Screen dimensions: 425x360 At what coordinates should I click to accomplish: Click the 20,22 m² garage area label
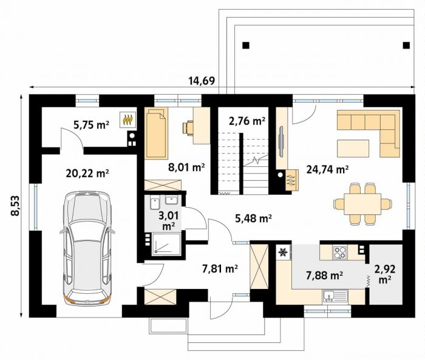click(87, 173)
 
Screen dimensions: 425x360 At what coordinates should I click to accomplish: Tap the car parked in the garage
click(87, 248)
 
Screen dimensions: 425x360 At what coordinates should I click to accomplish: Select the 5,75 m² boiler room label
click(91, 125)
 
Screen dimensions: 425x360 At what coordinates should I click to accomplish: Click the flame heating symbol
click(128, 120)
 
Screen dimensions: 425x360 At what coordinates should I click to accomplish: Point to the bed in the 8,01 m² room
click(156, 133)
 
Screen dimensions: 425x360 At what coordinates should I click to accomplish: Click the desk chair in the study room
click(189, 127)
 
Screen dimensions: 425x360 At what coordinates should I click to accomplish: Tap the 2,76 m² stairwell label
click(246, 121)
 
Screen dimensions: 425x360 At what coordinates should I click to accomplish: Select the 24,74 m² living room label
click(327, 170)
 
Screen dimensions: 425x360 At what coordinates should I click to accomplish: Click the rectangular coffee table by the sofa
click(353, 148)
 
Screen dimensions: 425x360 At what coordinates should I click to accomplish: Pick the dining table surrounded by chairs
click(362, 203)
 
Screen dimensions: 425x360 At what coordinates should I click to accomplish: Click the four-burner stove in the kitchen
click(340, 253)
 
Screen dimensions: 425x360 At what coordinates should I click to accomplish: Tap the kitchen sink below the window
click(335, 296)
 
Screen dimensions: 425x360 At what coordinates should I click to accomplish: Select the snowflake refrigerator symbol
click(284, 253)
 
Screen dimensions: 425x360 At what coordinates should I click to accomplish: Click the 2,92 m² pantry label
click(385, 274)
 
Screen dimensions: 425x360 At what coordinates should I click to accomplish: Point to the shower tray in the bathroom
click(166, 244)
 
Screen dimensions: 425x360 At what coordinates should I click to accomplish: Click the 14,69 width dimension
click(202, 81)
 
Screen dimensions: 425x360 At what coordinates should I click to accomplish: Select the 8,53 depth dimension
click(16, 205)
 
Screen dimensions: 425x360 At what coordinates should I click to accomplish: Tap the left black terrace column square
click(245, 45)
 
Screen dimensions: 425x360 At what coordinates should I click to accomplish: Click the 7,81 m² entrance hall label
click(220, 269)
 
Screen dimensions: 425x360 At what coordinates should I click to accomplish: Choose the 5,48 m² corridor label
click(253, 219)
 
